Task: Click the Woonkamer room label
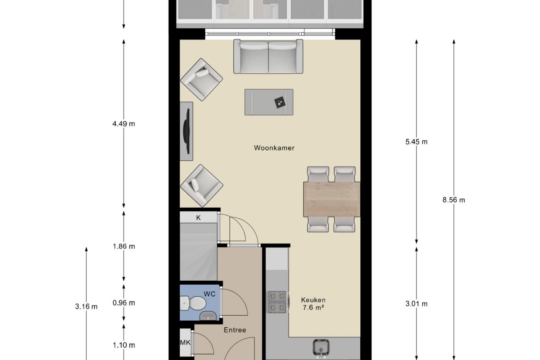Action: click(274, 148)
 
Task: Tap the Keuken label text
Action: click(313, 300)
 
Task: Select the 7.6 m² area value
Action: click(313, 307)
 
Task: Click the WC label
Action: click(209, 294)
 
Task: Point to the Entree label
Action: click(235, 330)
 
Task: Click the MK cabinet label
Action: click(185, 342)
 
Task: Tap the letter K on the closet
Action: click(198, 218)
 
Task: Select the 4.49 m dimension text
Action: click(123, 124)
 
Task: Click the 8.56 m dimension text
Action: click(454, 200)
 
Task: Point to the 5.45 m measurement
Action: click(417, 142)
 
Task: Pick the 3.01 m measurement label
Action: click(417, 304)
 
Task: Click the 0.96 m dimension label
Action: click(123, 303)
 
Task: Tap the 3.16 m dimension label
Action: click(86, 307)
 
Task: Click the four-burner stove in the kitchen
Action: click(277, 302)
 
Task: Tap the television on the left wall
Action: click(187, 131)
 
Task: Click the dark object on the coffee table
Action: click(280, 102)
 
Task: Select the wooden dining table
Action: click(332, 199)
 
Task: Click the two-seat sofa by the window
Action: click(268, 56)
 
